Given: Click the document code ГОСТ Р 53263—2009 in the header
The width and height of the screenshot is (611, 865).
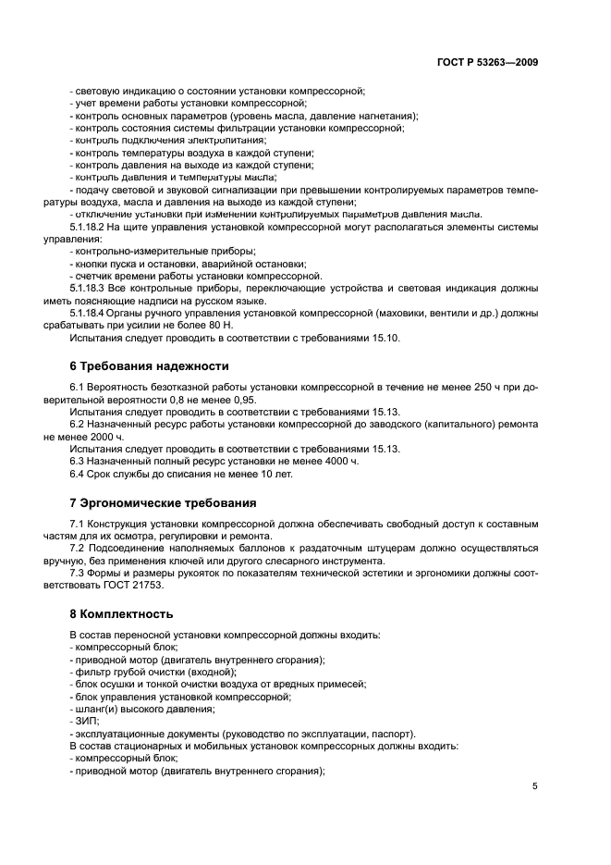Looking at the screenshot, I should click(x=487, y=63).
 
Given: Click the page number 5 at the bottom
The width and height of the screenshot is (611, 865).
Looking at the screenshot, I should click(x=534, y=787).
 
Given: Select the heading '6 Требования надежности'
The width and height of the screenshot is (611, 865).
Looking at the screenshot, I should click(x=150, y=366).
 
